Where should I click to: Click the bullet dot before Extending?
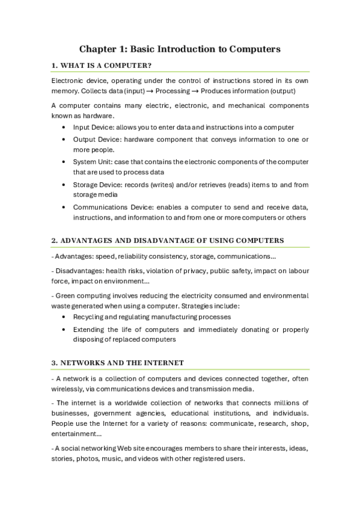point(64,330)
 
